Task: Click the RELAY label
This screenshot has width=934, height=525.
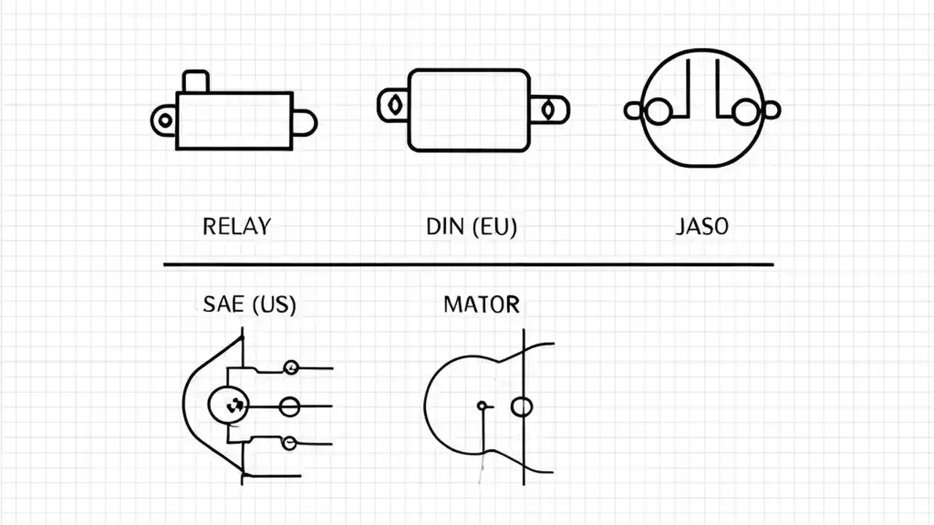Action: pyautogui.click(x=236, y=226)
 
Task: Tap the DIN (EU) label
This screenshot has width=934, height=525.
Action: pyautogui.click(x=471, y=226)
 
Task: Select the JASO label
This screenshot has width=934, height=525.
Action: pyautogui.click(x=702, y=226)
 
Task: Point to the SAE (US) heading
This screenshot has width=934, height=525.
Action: pyautogui.click(x=250, y=304)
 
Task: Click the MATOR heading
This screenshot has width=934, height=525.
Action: pyautogui.click(x=482, y=304)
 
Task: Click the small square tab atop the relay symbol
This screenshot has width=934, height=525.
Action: pyautogui.click(x=195, y=82)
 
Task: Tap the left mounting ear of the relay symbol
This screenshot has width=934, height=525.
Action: pyautogui.click(x=164, y=120)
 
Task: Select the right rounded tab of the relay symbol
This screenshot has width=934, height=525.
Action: pyautogui.click(x=304, y=122)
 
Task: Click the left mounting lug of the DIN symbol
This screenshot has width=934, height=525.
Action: pyautogui.click(x=393, y=105)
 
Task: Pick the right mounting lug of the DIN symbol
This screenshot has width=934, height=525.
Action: pyautogui.click(x=549, y=110)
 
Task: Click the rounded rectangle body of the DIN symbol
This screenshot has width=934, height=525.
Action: pyautogui.click(x=468, y=110)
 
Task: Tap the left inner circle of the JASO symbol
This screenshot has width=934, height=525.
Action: pyautogui.click(x=658, y=112)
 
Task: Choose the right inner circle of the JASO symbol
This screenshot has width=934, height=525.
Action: pyautogui.click(x=745, y=112)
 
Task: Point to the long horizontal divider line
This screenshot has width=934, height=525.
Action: pyautogui.click(x=468, y=264)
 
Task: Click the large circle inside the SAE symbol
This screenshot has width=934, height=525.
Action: pyautogui.click(x=228, y=405)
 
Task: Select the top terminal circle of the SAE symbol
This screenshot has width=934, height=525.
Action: pyautogui.click(x=291, y=367)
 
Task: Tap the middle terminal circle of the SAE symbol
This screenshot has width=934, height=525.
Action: pyautogui.click(x=290, y=407)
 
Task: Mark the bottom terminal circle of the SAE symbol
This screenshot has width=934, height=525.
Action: pyautogui.click(x=290, y=443)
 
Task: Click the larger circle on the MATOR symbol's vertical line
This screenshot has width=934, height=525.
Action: pyautogui.click(x=521, y=406)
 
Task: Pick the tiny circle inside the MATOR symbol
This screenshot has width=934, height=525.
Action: pyautogui.click(x=482, y=405)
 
